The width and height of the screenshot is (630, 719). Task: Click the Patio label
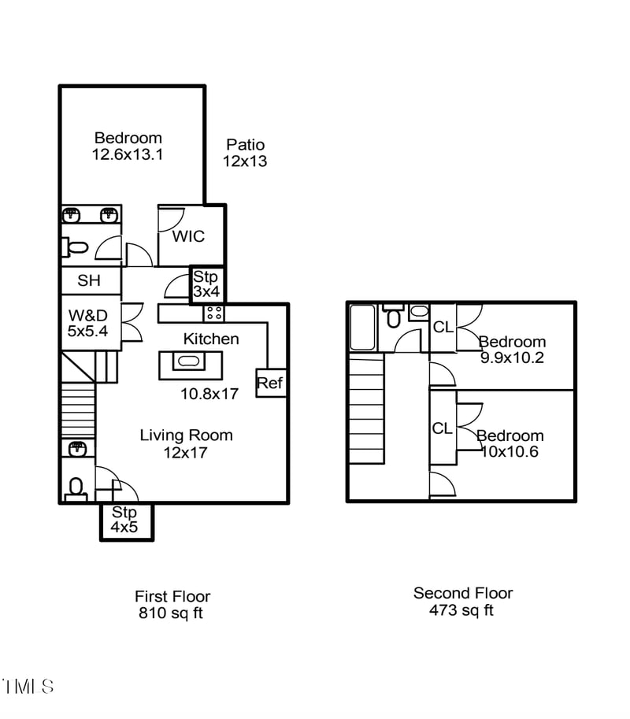point(245,145)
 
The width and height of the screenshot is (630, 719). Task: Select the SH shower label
point(88,280)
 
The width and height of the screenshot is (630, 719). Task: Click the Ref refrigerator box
point(270,383)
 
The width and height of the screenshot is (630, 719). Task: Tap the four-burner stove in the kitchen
point(213,313)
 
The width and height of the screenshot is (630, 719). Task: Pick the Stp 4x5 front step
point(125,521)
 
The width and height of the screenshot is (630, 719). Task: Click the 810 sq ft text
point(171,613)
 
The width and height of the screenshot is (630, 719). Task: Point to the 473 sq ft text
point(461,610)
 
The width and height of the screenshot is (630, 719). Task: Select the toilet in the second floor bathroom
point(394,317)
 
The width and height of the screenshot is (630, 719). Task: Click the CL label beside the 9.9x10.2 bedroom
point(443,327)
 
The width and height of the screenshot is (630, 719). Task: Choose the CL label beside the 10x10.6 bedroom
point(442,428)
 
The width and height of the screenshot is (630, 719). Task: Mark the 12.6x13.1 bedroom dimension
point(128,155)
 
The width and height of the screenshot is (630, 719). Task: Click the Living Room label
point(186,435)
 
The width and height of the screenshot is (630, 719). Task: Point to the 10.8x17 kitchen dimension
point(209,394)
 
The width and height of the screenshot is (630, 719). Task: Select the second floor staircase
point(366,409)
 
